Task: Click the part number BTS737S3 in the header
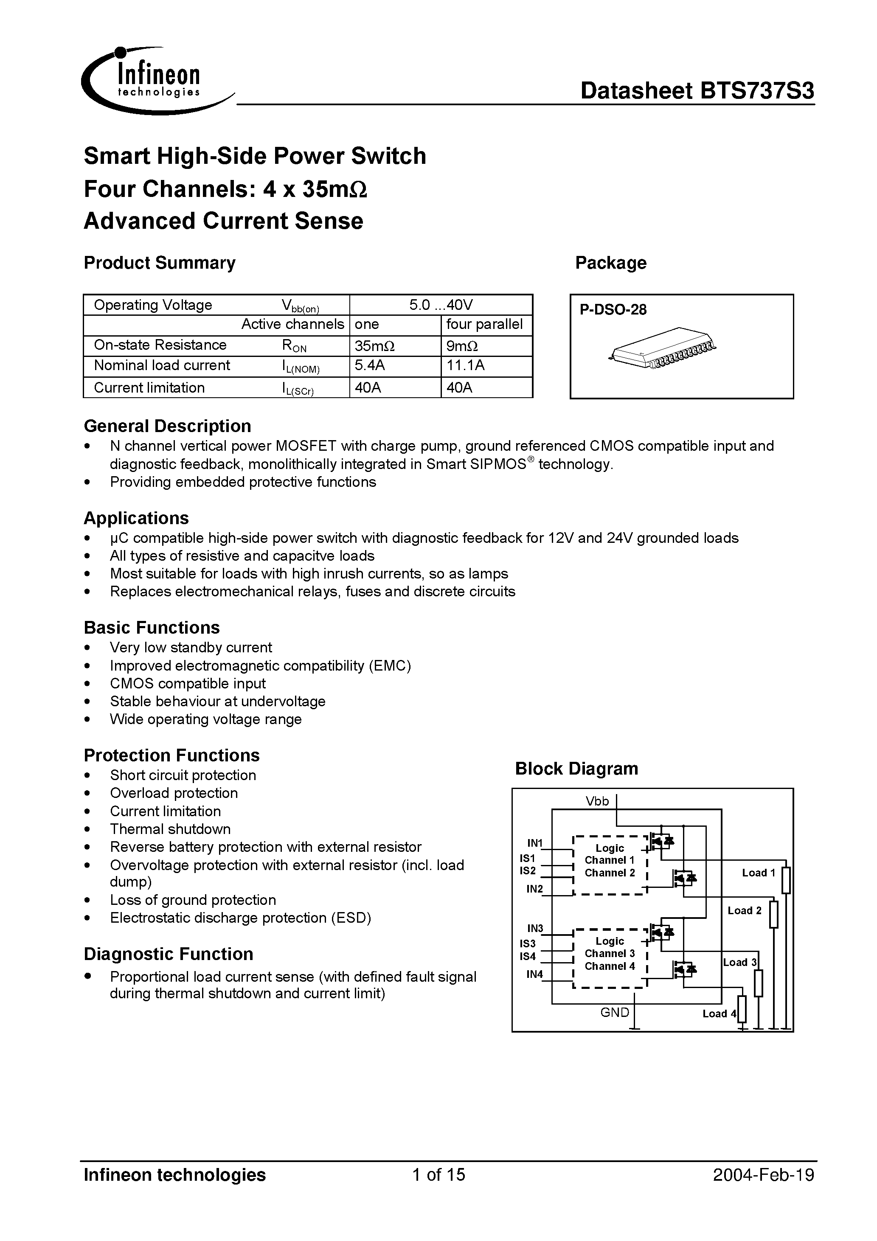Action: [x=756, y=91]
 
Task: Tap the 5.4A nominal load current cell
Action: [x=370, y=366]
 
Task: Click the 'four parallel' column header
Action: [x=484, y=324]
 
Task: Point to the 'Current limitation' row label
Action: [x=149, y=387]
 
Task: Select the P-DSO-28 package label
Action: [x=613, y=310]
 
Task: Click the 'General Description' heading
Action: [x=167, y=426]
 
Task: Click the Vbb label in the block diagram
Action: [x=597, y=801]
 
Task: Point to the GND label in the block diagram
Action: [x=614, y=1012]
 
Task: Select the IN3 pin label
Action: [x=535, y=929]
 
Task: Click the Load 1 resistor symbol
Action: [x=786, y=881]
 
